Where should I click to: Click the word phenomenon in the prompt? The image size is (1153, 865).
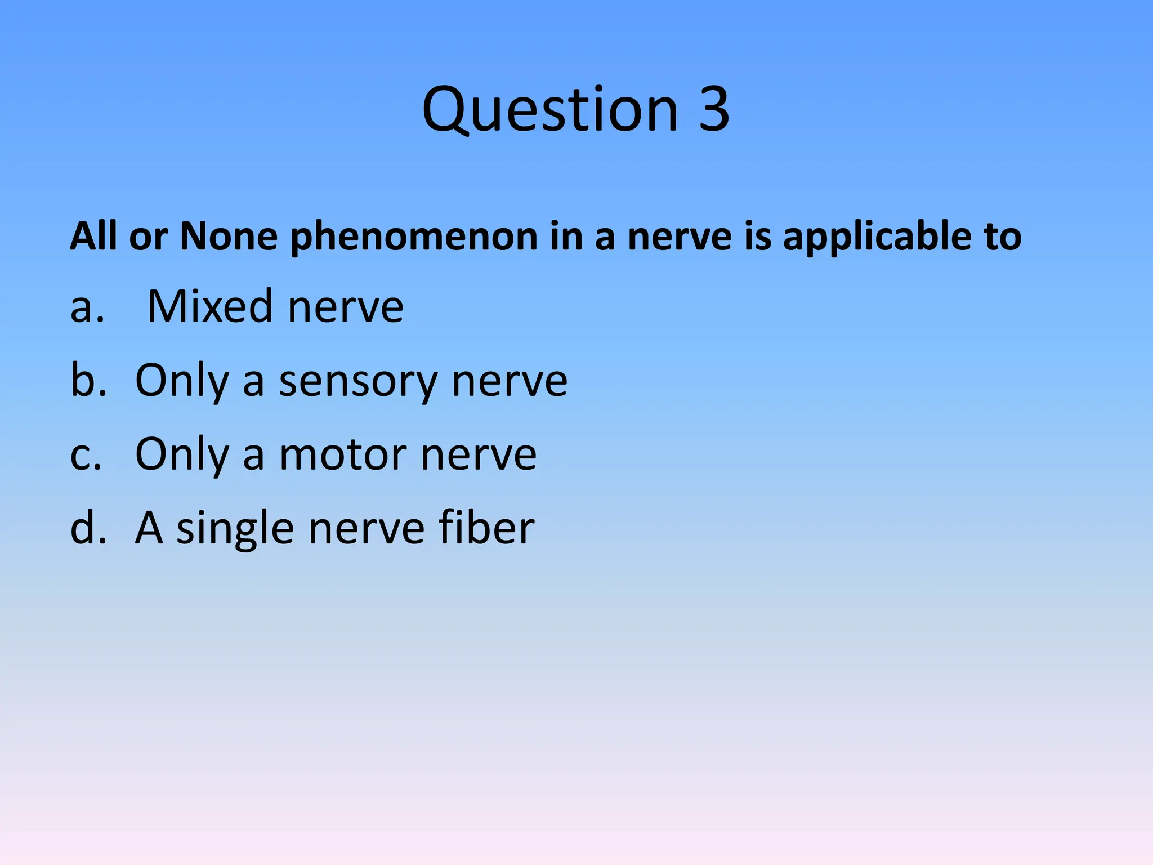pyautogui.click(x=414, y=237)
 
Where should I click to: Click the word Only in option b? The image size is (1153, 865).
pyautogui.click(x=182, y=382)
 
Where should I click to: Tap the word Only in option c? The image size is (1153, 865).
pyautogui.click(x=182, y=455)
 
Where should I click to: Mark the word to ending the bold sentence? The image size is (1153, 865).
pyautogui.click(x=1002, y=237)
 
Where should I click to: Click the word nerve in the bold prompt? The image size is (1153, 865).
pyautogui.click(x=680, y=237)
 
